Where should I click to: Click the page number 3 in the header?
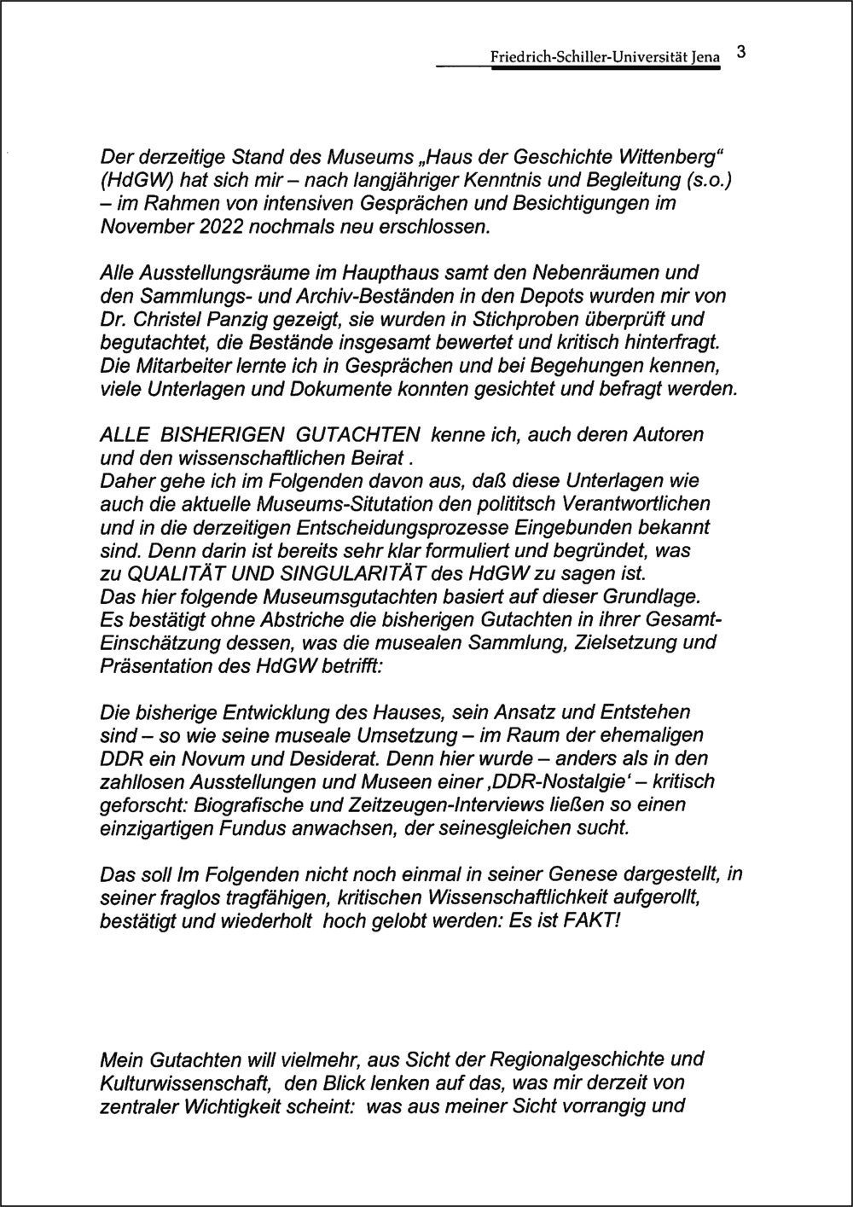(740, 53)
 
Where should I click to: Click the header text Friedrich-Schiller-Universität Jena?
(605, 57)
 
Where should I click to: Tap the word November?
(137, 227)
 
